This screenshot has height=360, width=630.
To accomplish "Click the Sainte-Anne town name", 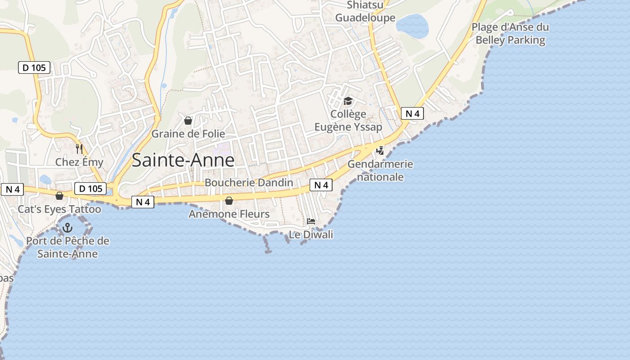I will [x=183, y=160].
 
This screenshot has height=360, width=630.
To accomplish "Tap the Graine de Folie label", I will [x=188, y=134].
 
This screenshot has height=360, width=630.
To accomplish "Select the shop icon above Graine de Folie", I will [x=188, y=121].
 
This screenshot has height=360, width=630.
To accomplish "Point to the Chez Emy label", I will [x=79, y=162].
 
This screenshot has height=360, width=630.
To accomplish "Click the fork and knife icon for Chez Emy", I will [x=79, y=148].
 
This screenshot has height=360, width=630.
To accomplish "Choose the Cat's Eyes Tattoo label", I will [x=59, y=209].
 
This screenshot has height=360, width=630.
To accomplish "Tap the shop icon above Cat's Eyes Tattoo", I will [x=59, y=196].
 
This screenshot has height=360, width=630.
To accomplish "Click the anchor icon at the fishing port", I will [x=67, y=228].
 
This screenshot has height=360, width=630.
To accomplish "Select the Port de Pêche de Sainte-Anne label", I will [x=67, y=247].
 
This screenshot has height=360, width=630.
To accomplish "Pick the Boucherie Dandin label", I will [x=249, y=183].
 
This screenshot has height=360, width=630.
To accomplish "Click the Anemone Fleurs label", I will [x=229, y=214].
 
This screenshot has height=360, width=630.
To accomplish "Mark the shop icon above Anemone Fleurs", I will [x=229, y=200].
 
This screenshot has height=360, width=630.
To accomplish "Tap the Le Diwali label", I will [x=311, y=234].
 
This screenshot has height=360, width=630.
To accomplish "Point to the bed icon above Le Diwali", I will [x=311, y=221].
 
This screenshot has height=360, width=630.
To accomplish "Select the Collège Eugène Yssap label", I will [x=348, y=121].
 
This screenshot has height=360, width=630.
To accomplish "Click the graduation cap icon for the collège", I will [x=348, y=101].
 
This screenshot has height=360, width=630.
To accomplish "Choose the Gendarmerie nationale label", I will [x=380, y=170].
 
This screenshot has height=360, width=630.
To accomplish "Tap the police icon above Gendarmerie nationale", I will [x=380, y=150].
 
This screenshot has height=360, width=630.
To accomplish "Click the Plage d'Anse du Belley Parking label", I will [x=510, y=34].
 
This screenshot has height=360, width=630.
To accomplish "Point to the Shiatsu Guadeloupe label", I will [x=365, y=12].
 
